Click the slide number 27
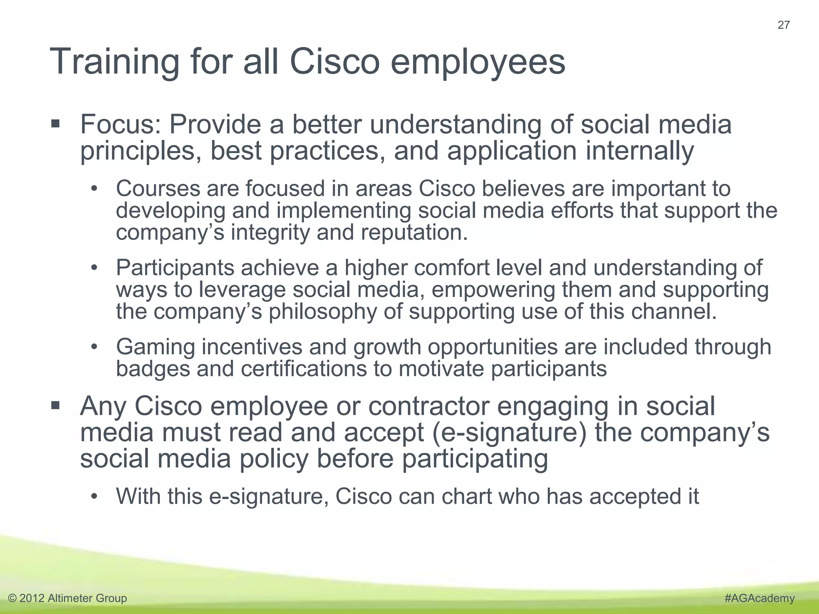click(x=783, y=25)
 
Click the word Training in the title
click(x=114, y=62)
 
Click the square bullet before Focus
click(x=56, y=124)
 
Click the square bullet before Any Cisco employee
click(x=56, y=406)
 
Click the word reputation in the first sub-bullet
click(x=414, y=233)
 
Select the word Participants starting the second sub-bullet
click(x=175, y=268)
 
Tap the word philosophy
click(x=322, y=312)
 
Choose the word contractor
click(x=428, y=407)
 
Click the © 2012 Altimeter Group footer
click(x=68, y=598)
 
